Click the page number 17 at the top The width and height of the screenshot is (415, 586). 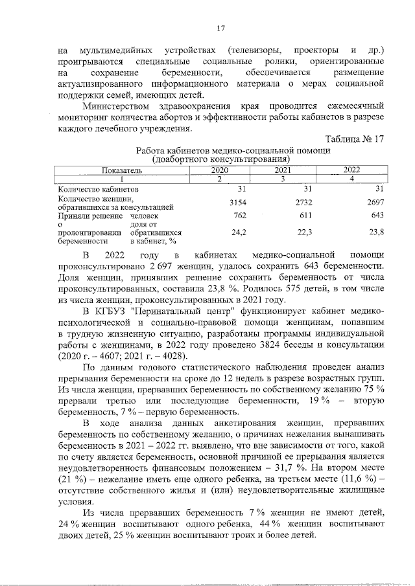coord(220,28)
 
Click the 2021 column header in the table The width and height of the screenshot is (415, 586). coord(283,170)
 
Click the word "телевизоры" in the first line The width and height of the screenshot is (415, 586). coord(255,51)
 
